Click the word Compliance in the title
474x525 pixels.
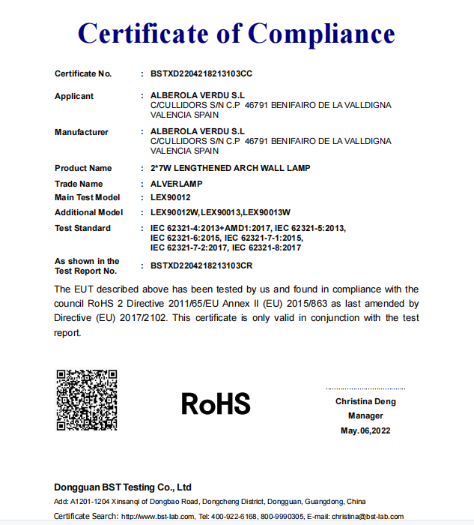pos(321,34)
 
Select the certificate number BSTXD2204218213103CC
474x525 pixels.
pos(201,73)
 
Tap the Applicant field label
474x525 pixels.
pos(74,96)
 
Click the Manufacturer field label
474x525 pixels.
pos(81,132)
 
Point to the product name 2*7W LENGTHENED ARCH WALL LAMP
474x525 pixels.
pos(230,168)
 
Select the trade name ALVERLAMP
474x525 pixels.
pos(177,184)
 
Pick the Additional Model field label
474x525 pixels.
pos(88,212)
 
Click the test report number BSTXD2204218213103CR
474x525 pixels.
pos(201,265)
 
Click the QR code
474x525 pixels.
pos(87,400)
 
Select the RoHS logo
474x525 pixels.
pos(216,404)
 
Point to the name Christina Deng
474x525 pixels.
pos(365,401)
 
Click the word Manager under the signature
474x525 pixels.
pos(365,415)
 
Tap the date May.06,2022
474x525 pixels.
pos(365,430)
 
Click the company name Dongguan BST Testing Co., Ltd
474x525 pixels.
pos(123,487)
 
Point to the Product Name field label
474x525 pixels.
pos(83,168)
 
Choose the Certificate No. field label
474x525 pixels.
pos(83,73)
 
